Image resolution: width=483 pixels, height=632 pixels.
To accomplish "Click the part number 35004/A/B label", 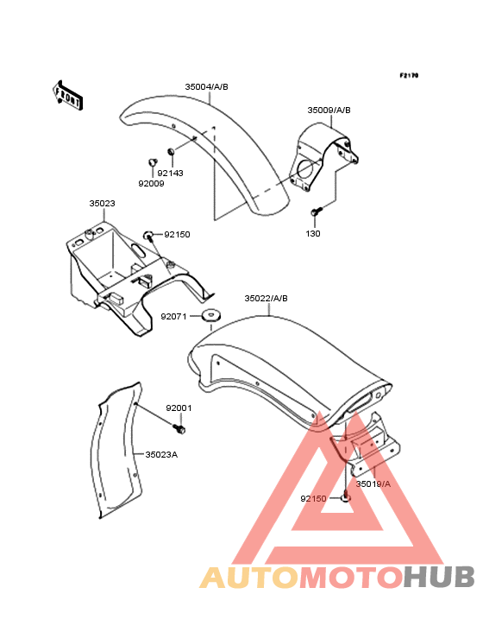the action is point(206,86).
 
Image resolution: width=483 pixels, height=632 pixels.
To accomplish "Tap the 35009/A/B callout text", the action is point(329,110).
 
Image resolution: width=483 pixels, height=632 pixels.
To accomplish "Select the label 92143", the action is point(170,173).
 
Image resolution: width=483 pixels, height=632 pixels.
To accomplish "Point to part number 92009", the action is point(151,183).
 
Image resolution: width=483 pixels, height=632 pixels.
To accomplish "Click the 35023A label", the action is point(161,455).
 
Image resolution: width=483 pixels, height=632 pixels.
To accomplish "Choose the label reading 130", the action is point(313,233).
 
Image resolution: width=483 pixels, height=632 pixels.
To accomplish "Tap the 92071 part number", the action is point(174,316).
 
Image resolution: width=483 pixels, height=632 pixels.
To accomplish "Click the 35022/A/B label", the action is point(266,298).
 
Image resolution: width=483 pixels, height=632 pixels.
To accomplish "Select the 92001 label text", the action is point(179,408).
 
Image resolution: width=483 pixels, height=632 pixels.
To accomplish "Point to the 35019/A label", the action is point(373,483).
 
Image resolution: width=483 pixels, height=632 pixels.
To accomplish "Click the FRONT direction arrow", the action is point(68,96).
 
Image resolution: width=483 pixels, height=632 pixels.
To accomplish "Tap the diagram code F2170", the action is point(409,75).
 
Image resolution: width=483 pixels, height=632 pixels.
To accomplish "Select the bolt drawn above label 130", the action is point(317,211).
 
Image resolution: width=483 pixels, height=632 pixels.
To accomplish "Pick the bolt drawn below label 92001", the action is point(179,428).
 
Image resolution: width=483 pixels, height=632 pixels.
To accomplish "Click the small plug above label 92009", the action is point(152,162).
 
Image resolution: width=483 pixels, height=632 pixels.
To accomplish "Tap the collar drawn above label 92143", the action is point(171,152).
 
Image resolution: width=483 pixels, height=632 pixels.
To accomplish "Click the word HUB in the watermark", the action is point(440,577).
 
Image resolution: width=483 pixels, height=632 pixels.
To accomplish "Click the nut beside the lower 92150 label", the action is point(346,498).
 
